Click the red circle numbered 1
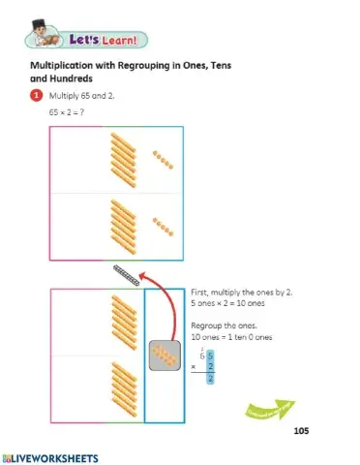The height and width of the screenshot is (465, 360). tap(37, 97)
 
